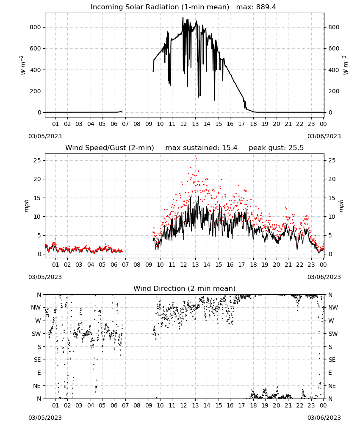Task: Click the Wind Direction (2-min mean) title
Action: coord(185,288)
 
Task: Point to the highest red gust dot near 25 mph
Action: coord(196,159)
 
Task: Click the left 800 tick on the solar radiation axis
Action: coord(36,27)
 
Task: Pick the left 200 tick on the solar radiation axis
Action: coord(36,91)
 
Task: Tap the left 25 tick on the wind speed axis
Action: coord(38,160)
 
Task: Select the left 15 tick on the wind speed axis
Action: coord(38,198)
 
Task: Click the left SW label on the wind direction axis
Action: coord(36,334)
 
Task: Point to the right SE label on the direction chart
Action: coord(332,360)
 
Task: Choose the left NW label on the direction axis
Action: coord(36,308)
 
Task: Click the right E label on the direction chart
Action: coord(330,373)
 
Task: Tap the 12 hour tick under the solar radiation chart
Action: coord(184,124)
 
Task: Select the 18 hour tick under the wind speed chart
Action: coord(253,265)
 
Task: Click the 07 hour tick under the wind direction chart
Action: coord(125,405)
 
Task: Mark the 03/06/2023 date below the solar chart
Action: coord(324,136)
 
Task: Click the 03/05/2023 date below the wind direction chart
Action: coord(45,418)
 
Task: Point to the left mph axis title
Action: coord(26,206)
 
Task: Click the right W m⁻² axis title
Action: coord(346,65)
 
